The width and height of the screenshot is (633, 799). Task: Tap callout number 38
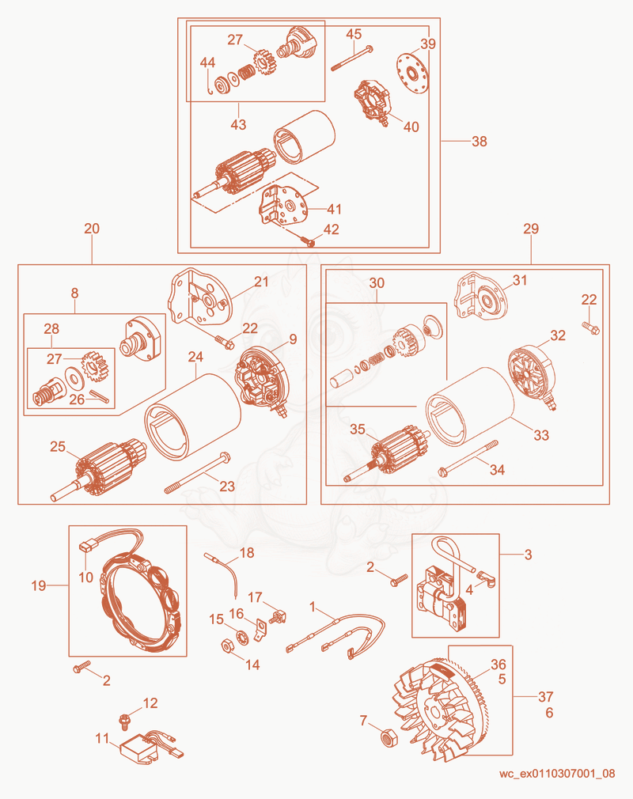tap(479, 141)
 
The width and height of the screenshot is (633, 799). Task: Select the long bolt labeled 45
tap(352, 58)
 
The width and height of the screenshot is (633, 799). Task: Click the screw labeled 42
tap(307, 240)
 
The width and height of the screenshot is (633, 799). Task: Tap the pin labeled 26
tap(100, 396)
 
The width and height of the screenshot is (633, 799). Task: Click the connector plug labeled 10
tap(88, 547)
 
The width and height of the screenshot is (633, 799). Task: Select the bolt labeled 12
tap(124, 721)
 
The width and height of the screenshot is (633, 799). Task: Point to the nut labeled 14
tap(227, 646)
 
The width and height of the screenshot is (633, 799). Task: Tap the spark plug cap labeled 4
tap(486, 579)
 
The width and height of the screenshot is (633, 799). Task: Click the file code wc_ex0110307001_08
tap(557, 774)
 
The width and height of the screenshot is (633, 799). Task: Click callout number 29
tap(531, 229)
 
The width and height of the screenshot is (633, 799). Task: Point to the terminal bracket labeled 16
tap(260, 630)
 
